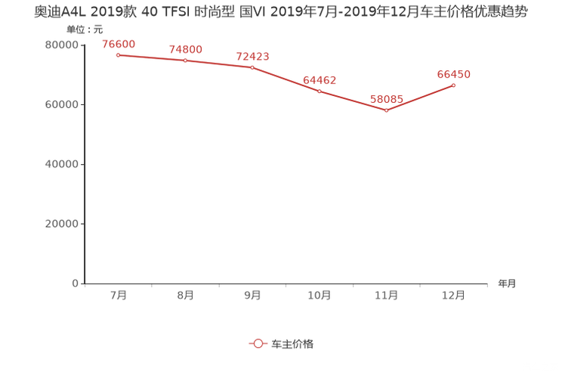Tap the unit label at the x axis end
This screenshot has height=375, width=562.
coord(507,284)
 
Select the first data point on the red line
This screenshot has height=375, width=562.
coord(119,54)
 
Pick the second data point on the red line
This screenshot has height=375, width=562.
coord(185,60)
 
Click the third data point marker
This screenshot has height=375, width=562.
coord(252,67)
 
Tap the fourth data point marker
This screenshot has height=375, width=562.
coord(320,91)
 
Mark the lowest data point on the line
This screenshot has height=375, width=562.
coord(387,110)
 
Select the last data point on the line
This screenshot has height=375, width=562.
coord(454,85)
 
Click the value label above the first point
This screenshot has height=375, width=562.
coord(119,43)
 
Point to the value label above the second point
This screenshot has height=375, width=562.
coord(185,49)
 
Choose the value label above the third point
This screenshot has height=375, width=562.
coord(252,56)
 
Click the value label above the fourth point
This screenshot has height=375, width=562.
coord(320,79)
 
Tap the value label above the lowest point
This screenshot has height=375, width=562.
coord(387,99)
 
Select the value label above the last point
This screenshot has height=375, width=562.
coord(454,73)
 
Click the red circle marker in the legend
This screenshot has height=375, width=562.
coord(258,343)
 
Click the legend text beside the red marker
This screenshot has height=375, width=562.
coord(292,343)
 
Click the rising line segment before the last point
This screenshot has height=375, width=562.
coord(421,98)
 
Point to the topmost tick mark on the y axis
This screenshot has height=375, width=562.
coord(82,45)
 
